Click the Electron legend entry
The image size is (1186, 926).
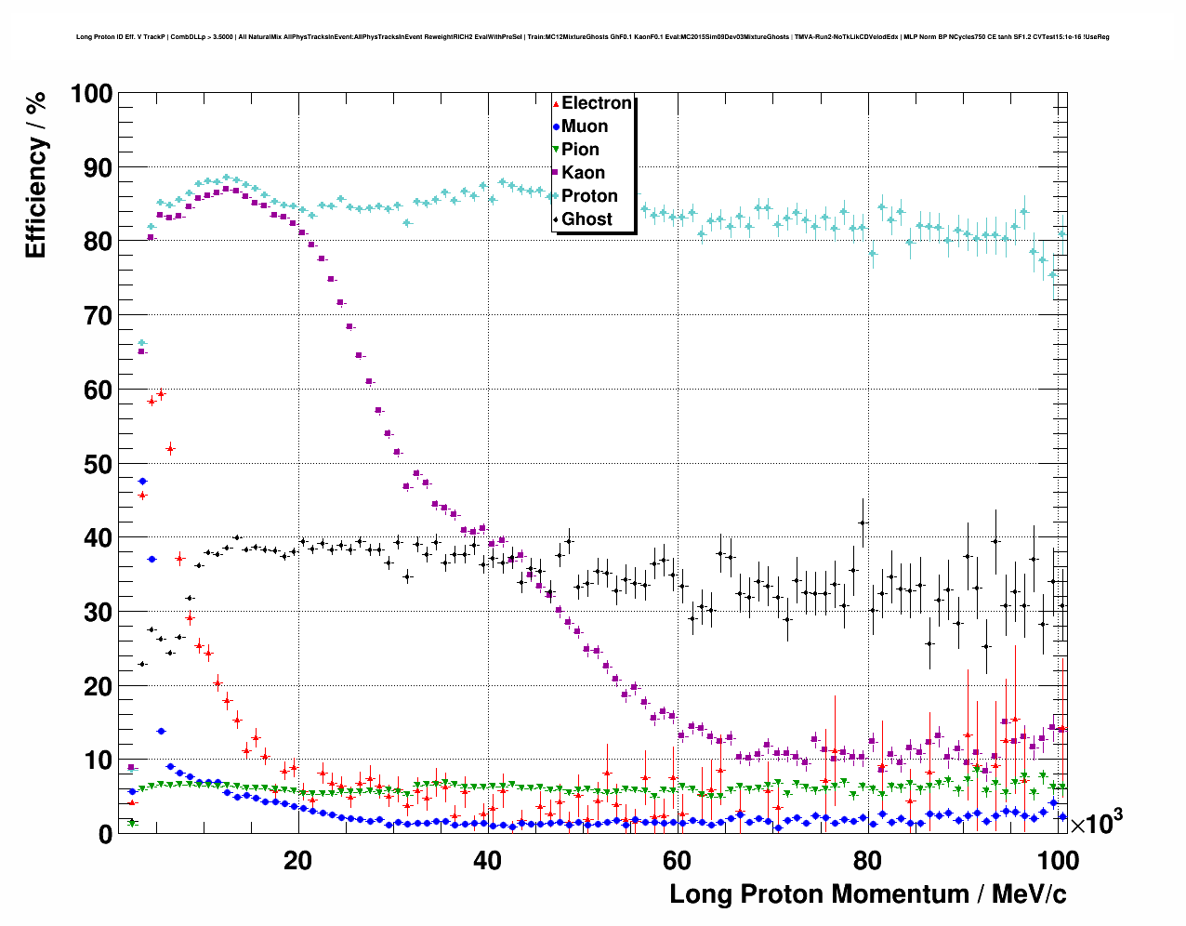(x=596, y=103)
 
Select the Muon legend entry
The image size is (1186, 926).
(x=584, y=126)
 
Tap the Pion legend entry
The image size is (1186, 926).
(x=580, y=150)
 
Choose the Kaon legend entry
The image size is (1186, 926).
(x=583, y=173)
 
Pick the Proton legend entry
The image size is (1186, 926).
(x=589, y=196)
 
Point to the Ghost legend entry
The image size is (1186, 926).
(x=586, y=219)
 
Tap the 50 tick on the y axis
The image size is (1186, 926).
(x=98, y=464)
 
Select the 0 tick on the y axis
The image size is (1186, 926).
(x=104, y=834)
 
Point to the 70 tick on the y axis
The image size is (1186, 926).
(x=98, y=316)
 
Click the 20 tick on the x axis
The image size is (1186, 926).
(x=297, y=860)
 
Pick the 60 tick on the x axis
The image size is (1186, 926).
(x=677, y=860)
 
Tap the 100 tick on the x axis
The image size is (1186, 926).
(x=1056, y=860)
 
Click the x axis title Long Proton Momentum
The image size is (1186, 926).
(x=867, y=894)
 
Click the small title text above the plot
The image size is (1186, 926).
(x=592, y=37)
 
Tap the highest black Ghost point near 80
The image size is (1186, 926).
(x=863, y=523)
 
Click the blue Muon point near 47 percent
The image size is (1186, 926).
(x=142, y=482)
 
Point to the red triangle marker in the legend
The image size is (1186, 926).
(x=556, y=103)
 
